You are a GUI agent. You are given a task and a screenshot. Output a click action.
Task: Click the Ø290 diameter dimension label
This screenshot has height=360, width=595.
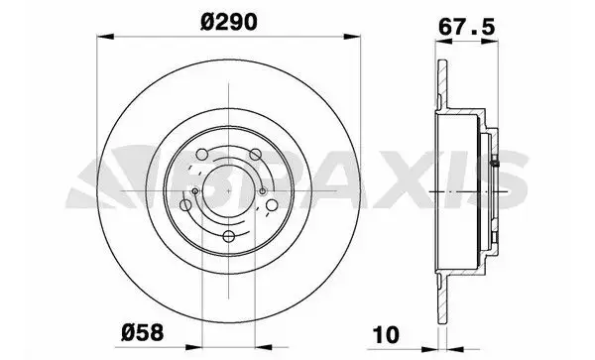click(x=228, y=22)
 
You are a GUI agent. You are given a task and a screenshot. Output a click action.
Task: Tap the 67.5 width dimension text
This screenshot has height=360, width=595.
click(x=467, y=27)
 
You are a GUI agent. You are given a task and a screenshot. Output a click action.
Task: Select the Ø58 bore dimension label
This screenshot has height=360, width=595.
click(x=142, y=332)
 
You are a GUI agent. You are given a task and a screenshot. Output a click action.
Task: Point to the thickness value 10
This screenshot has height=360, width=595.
click(x=387, y=334)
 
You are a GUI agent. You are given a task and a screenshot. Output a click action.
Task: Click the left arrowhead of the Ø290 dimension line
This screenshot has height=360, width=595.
click(x=105, y=37)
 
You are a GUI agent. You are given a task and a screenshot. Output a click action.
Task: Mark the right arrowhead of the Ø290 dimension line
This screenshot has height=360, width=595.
click(x=352, y=37)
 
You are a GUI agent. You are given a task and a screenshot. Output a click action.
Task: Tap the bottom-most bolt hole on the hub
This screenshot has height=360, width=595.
click(x=229, y=236)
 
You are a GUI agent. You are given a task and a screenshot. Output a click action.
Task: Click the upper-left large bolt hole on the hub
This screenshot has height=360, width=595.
click(x=202, y=155)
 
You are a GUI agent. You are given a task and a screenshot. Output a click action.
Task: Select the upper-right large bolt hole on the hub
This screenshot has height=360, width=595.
click(x=256, y=155)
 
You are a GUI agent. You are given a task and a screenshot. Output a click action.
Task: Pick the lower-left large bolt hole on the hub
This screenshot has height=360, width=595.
click(x=185, y=205)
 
